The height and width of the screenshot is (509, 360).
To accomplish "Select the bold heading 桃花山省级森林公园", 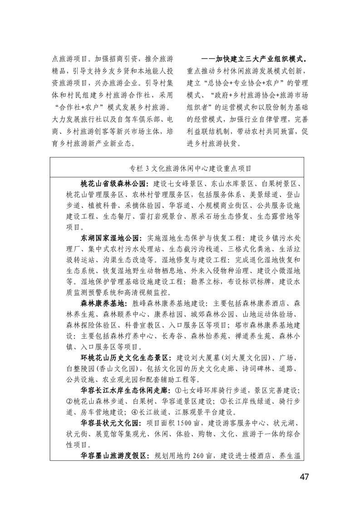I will point(113,184).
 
